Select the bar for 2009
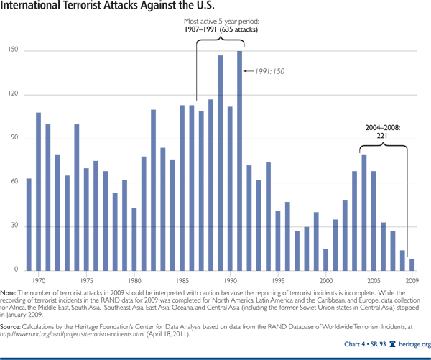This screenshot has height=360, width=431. (412, 264)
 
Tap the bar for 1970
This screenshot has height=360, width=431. (38, 191)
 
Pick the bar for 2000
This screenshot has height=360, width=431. (325, 259)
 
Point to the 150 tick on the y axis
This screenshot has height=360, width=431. (13, 51)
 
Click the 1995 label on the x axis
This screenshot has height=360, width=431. (278, 280)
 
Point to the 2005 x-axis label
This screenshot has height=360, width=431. (374, 280)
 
